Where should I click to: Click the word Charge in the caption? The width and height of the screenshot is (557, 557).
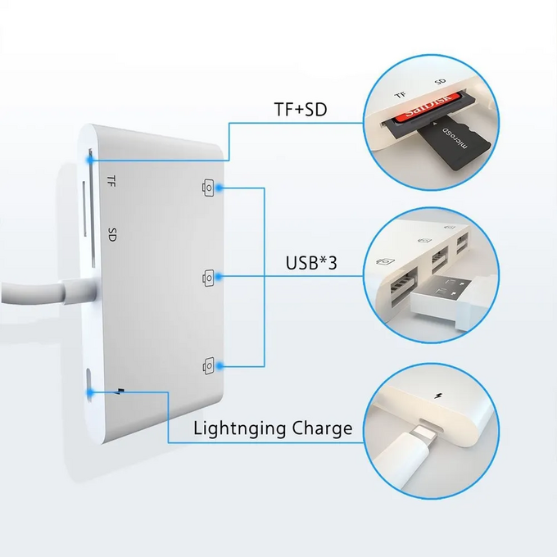(x=321, y=428)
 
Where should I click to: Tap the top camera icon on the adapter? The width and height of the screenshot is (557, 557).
(x=208, y=188)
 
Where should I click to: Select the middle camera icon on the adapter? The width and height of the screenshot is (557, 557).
(x=208, y=278)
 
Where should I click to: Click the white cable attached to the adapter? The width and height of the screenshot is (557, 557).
(x=41, y=292)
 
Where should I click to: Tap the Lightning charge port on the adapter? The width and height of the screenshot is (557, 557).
(x=88, y=385)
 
